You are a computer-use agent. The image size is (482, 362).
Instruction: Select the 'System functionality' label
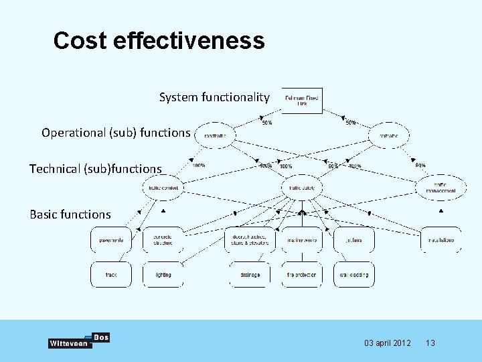(x=214, y=98)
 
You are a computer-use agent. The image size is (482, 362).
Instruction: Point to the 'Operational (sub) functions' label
(x=116, y=133)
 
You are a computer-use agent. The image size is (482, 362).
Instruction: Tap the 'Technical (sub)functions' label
(x=96, y=169)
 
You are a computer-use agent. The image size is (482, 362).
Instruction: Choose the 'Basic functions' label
(x=70, y=215)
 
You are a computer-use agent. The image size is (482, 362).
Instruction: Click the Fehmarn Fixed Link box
(x=302, y=101)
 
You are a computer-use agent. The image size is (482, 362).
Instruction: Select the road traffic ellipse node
(x=215, y=135)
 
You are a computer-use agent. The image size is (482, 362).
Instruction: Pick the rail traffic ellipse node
(x=388, y=135)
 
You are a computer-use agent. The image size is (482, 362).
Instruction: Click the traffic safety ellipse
(x=302, y=188)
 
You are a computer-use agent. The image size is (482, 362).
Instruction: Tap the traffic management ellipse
(x=440, y=188)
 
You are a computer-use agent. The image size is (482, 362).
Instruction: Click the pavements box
(x=111, y=240)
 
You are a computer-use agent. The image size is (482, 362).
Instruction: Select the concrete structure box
(x=163, y=240)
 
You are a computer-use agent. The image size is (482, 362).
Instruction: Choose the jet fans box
(x=353, y=240)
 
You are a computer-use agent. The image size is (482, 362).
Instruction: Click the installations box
(x=440, y=240)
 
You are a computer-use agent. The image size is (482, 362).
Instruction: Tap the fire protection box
(x=301, y=275)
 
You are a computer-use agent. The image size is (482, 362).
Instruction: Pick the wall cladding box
(x=353, y=275)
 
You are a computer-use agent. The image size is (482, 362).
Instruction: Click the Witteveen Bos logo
(x=79, y=341)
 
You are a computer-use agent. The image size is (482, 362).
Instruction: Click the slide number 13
(x=430, y=343)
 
